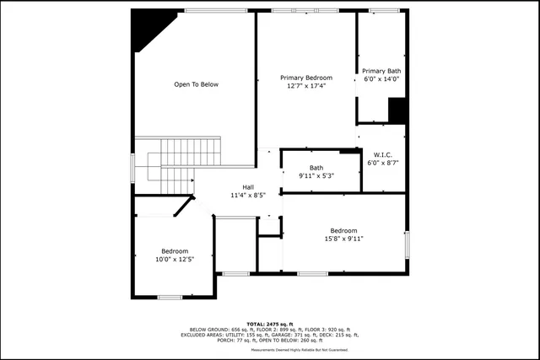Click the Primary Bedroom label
305,78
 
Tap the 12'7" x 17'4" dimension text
305,85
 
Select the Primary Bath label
381,71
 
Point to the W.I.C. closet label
381,153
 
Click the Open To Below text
196,84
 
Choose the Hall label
248,187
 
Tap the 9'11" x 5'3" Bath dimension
316,175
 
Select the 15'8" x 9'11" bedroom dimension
343,239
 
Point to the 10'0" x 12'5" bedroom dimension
175,259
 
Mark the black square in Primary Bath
397,110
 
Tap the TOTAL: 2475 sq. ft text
270,324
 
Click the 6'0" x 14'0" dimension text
381,78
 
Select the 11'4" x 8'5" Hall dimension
248,195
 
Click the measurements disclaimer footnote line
270,349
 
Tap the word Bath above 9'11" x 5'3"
316,168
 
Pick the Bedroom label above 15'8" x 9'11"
343,231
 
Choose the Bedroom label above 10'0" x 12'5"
175,251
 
